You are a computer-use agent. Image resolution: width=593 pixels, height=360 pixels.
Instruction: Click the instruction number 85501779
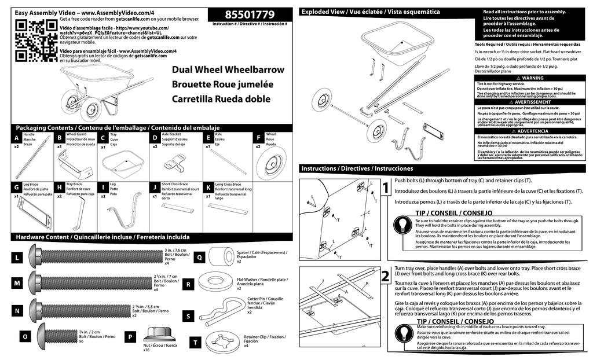coord(250,14)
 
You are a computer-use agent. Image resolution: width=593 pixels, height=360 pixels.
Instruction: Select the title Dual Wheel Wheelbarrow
coord(228,70)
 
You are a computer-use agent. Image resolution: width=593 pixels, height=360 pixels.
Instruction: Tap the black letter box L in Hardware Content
coord(18,256)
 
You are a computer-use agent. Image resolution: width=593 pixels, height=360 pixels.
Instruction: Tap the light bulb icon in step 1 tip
coord(403,226)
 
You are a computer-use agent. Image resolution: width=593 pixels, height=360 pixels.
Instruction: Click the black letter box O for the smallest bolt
coord(24,336)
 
